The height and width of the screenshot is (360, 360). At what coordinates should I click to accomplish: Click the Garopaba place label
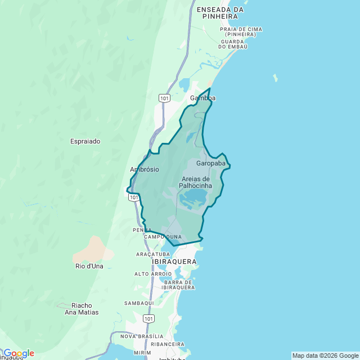(x=211, y=163)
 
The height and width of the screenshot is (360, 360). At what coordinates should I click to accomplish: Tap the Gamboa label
(x=202, y=98)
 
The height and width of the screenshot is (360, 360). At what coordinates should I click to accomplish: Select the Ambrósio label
(x=145, y=169)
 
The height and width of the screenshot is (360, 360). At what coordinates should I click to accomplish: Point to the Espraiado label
(x=85, y=141)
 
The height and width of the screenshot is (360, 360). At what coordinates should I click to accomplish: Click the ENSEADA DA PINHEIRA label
(x=220, y=13)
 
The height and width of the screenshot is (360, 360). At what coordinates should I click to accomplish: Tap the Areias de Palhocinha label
(x=196, y=182)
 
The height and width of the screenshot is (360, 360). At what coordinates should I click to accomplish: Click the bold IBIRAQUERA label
(x=174, y=262)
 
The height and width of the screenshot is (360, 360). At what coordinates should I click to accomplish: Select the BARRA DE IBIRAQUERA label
(x=178, y=285)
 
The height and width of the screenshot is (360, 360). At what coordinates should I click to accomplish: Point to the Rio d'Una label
(x=89, y=266)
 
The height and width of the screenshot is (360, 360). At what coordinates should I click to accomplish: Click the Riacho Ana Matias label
(x=82, y=309)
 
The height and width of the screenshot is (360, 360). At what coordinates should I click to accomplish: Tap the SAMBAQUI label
(x=139, y=303)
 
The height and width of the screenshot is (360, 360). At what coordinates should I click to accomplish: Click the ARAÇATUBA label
(x=153, y=254)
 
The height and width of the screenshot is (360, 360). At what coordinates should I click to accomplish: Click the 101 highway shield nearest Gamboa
(x=164, y=98)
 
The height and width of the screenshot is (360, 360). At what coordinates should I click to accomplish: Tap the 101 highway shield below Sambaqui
(x=148, y=318)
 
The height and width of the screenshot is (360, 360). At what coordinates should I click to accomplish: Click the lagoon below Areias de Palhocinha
(x=193, y=197)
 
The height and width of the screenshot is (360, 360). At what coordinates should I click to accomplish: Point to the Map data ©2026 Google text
(x=325, y=355)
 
